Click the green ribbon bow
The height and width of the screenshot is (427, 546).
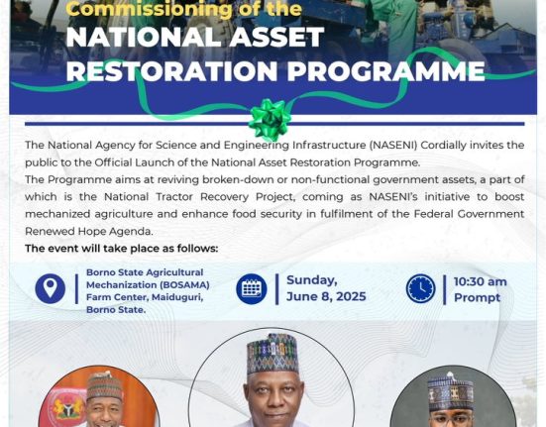pyautogui.click(x=270, y=119)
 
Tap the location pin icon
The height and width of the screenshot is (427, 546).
pyautogui.click(x=51, y=288)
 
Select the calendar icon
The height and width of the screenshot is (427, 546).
pyautogui.click(x=252, y=289)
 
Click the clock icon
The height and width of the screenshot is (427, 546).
pyautogui.click(x=420, y=288)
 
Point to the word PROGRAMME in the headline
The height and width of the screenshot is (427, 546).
pyautogui.click(x=385, y=71)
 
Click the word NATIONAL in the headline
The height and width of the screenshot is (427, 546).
pyautogui.click(x=144, y=37)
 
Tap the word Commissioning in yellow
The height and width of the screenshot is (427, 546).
pyautogui.click(x=149, y=8)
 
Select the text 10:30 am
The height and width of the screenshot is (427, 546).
pyautogui.click(x=481, y=281)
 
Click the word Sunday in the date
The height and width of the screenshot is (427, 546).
pyautogui.click(x=312, y=280)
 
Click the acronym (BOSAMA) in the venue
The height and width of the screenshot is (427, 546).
pyautogui.click(x=184, y=285)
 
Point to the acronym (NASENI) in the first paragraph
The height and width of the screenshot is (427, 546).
pyautogui.click(x=393, y=145)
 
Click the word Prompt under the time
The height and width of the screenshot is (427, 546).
pyautogui.click(x=477, y=298)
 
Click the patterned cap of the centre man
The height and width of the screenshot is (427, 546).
pyautogui.click(x=273, y=353)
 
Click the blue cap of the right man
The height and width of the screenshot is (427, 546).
pyautogui.click(x=450, y=391)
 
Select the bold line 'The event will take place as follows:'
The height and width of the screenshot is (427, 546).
pyautogui.click(x=122, y=249)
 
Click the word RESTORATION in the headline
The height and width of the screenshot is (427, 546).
pyautogui.click(x=171, y=71)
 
